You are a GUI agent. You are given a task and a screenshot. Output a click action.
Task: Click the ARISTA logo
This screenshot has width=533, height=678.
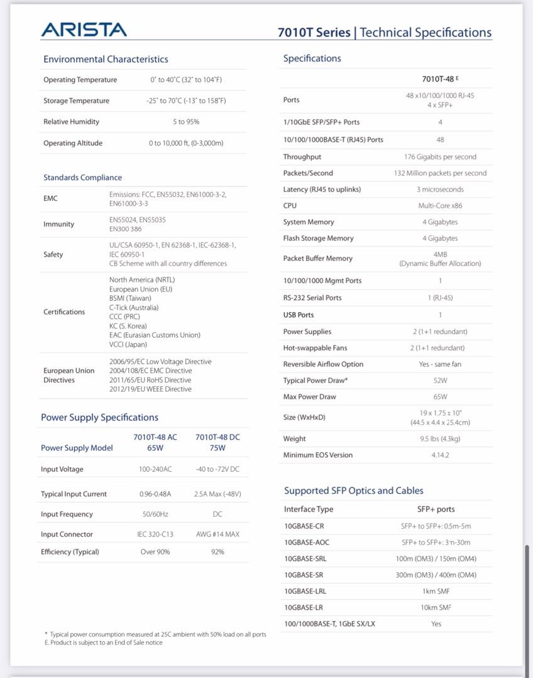(84, 30)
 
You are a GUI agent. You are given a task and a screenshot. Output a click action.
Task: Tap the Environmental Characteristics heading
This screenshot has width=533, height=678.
(106, 59)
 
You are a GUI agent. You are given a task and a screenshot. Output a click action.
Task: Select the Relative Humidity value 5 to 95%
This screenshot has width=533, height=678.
(186, 122)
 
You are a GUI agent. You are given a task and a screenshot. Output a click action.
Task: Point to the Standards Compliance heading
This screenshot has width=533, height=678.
(82, 178)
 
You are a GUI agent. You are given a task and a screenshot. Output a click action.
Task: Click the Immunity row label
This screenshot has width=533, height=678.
(58, 224)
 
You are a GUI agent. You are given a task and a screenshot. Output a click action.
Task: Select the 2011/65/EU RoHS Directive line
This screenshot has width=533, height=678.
(150, 380)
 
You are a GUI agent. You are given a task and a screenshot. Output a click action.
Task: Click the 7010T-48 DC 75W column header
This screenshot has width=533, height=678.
(217, 443)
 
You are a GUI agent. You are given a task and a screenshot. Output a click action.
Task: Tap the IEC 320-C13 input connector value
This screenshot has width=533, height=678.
(155, 534)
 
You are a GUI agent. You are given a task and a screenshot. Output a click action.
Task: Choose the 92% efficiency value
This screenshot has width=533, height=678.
(217, 552)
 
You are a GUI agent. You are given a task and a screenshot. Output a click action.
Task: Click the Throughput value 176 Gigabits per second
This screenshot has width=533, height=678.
(440, 157)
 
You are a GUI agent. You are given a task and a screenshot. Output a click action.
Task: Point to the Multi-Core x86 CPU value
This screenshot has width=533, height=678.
(440, 205)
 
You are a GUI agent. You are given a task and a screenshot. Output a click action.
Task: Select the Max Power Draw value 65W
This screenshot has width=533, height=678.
(440, 397)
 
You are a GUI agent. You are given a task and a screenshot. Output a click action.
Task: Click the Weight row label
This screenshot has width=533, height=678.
(294, 439)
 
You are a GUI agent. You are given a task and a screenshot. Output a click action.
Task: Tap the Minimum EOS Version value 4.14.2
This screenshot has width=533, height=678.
(440, 455)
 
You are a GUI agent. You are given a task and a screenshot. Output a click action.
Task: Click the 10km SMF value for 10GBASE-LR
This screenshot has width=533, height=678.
(436, 608)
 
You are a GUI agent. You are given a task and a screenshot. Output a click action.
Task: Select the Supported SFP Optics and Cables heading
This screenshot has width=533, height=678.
(353, 491)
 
